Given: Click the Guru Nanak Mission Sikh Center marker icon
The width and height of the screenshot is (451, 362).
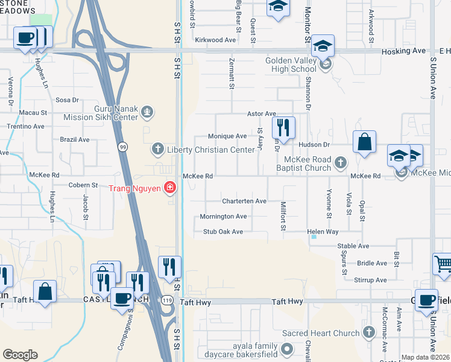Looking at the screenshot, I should pos(147,112).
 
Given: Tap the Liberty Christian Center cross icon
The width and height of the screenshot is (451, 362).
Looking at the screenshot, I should pos(157,148).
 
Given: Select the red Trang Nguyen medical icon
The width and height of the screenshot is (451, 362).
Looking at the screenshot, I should pos(170,188).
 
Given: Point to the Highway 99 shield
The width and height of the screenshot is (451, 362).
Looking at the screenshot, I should pos(123,146).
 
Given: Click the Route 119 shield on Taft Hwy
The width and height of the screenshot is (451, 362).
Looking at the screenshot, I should pos(166,300).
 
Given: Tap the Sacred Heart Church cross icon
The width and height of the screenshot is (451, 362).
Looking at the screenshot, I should pos(368,332).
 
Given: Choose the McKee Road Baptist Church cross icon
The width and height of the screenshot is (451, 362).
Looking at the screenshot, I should pos(341,162).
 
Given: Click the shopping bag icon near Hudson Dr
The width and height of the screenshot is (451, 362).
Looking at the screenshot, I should pos(364,143).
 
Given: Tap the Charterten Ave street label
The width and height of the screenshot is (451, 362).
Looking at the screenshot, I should pos(244,201).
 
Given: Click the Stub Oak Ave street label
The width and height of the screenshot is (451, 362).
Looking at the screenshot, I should pos(223,232).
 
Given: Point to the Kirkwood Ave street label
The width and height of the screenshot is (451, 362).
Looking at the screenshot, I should pos(215,40).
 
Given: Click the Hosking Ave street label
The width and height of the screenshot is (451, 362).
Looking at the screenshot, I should pos(404,51).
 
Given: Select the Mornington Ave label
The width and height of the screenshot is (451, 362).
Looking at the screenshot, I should pos(224,216).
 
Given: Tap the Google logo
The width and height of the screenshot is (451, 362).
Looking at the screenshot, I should pos(20,355).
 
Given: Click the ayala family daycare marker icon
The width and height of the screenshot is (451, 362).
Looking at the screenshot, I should pos(288,349).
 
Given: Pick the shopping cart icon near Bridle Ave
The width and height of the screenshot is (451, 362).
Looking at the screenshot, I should pos(443,264).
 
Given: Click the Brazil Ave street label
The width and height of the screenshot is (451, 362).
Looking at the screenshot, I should pos(75,139).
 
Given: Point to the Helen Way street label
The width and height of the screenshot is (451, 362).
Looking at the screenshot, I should pos(323,232).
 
